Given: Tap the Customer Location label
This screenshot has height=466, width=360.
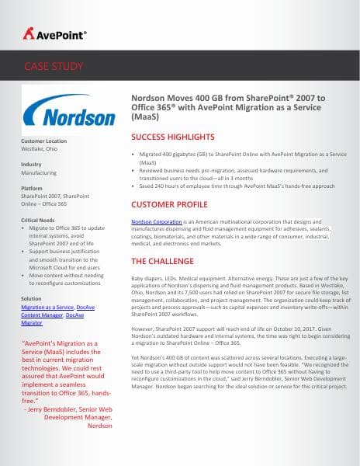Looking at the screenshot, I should [x=44, y=141].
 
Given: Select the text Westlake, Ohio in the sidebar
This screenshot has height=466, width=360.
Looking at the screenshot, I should [x=40, y=149].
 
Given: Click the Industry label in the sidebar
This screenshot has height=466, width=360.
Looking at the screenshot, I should [x=31, y=165].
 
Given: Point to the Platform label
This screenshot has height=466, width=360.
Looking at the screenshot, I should [x=32, y=188].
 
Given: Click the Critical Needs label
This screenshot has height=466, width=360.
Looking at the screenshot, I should [x=38, y=221].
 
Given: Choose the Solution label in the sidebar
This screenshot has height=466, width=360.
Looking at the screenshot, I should [x=31, y=298].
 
